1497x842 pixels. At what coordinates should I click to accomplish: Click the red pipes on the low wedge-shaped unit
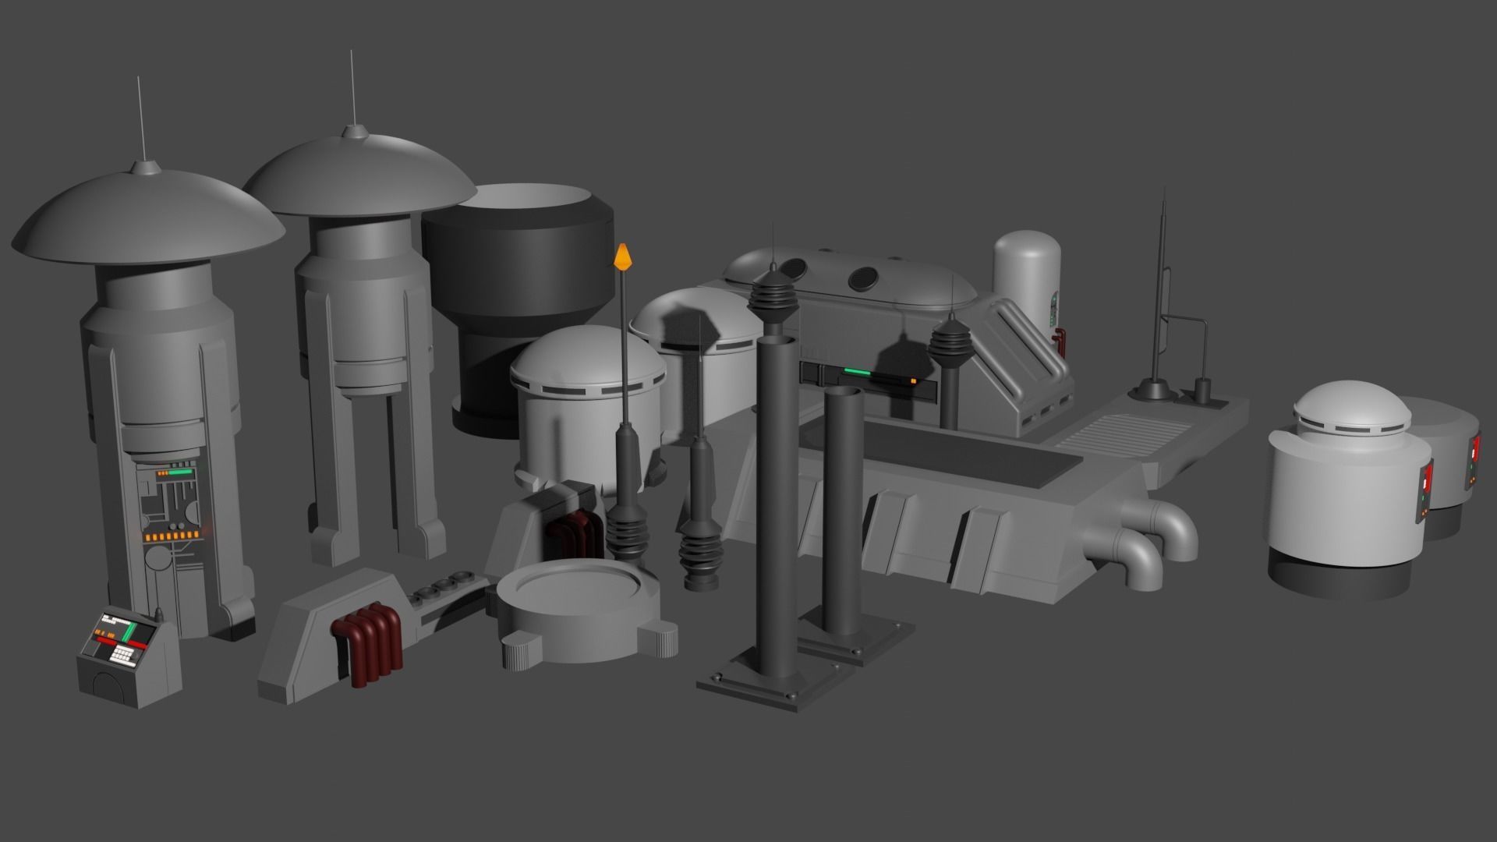pyautogui.click(x=367, y=650)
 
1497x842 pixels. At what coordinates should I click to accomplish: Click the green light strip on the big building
pyautogui.click(x=858, y=372)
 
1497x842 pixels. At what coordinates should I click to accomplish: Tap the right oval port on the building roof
pyautogui.click(x=863, y=276)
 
